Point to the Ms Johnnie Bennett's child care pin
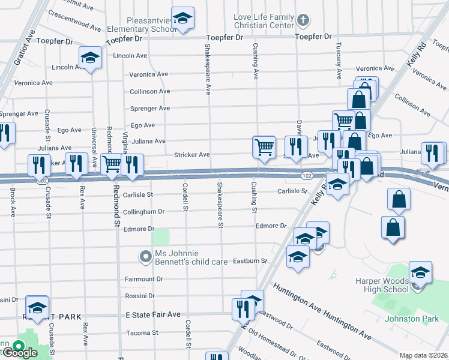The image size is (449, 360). (145, 257)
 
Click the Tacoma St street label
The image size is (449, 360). (142, 332)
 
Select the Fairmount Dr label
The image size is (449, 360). (143, 279)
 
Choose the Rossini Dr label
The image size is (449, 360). (140, 296)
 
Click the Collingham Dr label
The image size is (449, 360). (143, 211)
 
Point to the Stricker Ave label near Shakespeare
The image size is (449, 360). (191, 155)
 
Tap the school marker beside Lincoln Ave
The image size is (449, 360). (90, 58)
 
